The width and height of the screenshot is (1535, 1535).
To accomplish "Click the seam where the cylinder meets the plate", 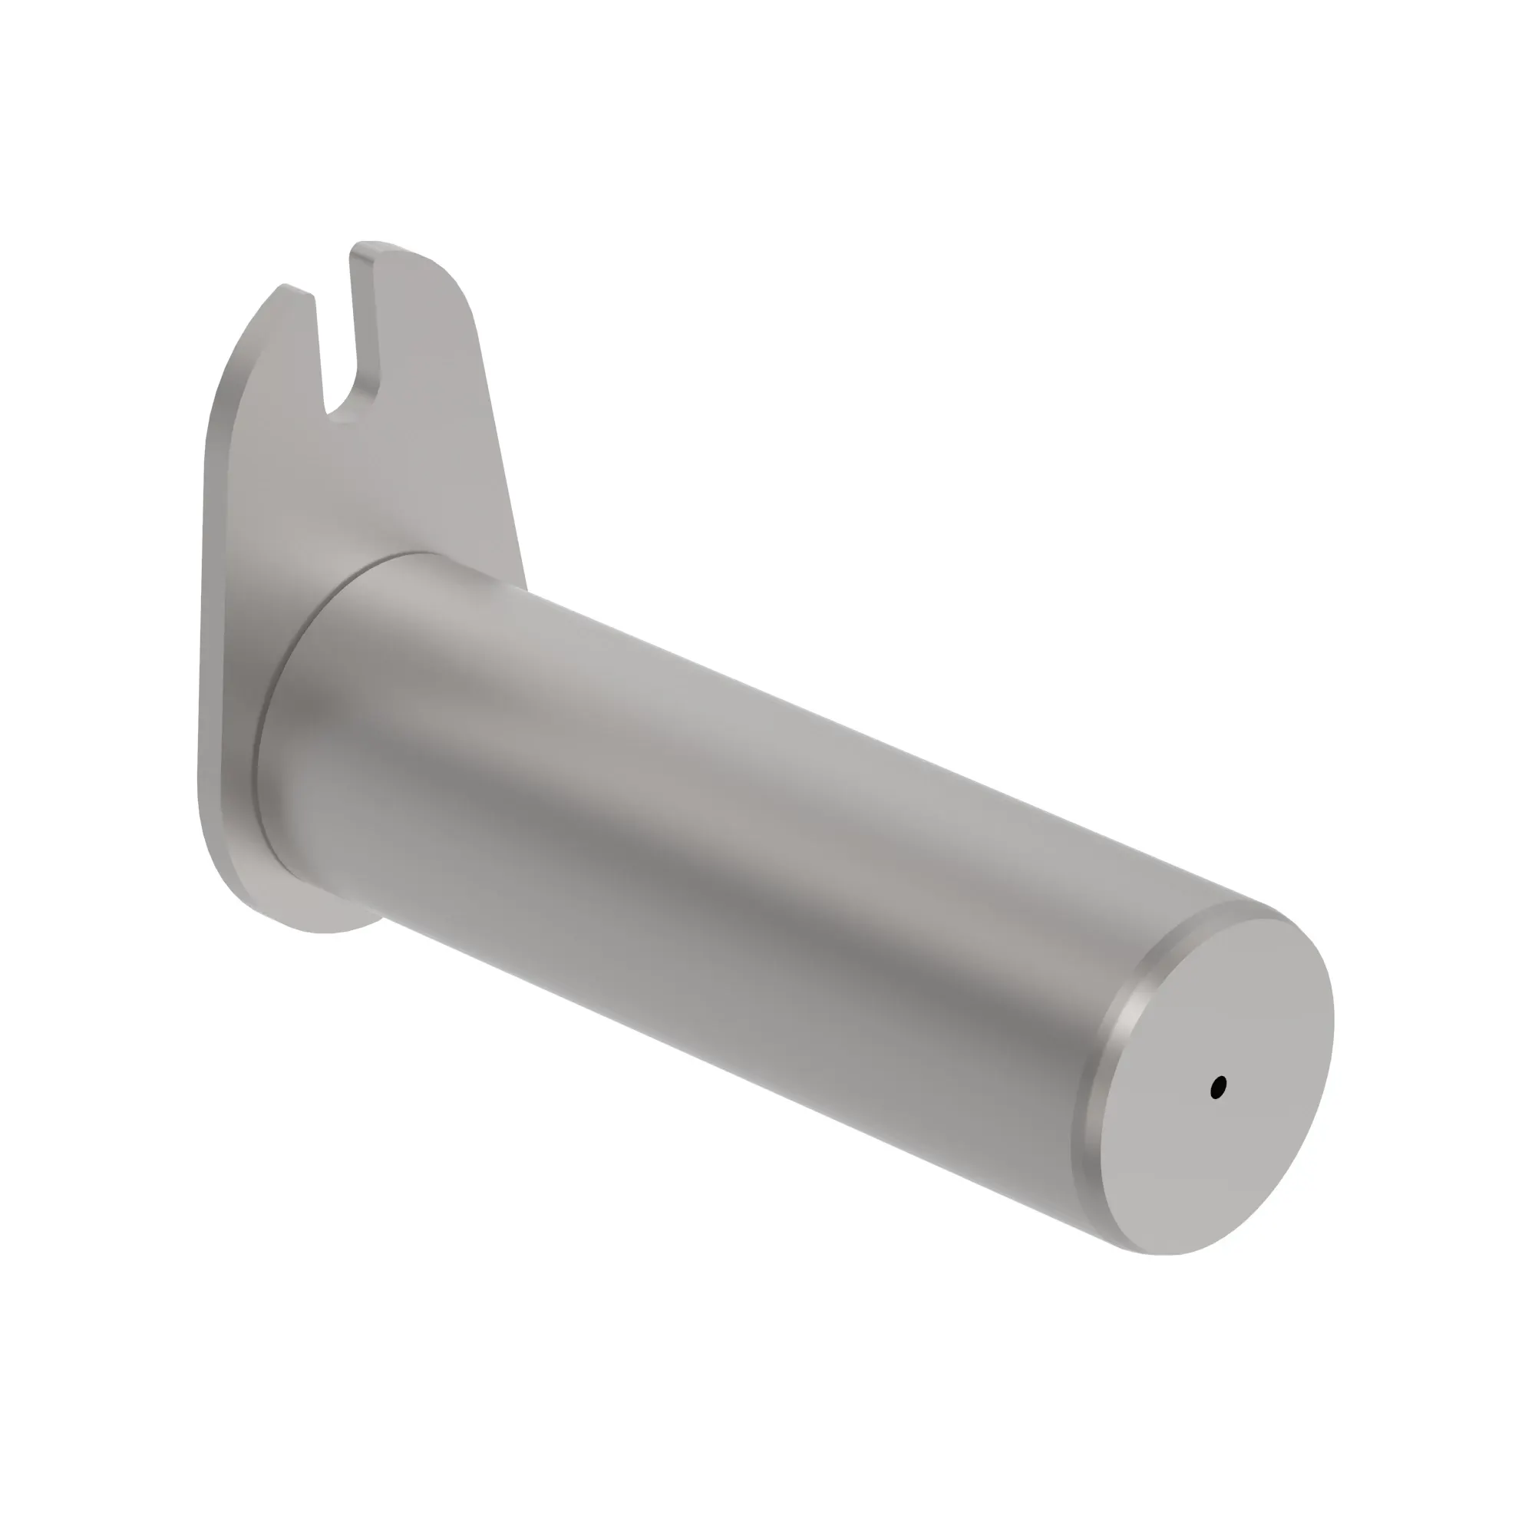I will [270, 715].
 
